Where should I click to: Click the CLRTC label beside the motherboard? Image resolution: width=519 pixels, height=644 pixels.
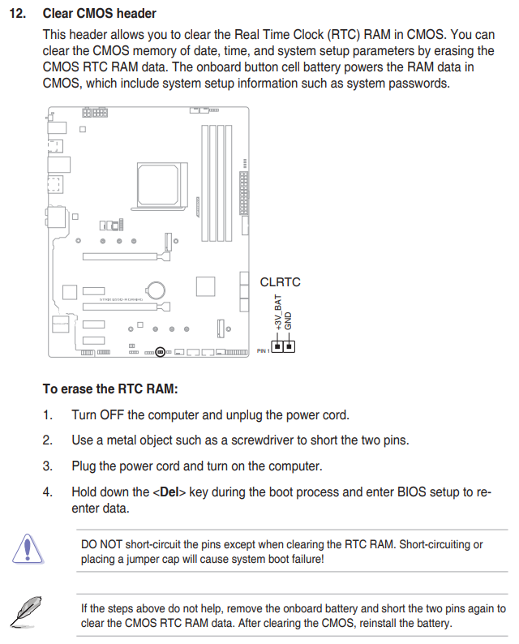coord(280,282)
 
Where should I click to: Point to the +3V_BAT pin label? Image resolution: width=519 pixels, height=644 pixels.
coord(277,312)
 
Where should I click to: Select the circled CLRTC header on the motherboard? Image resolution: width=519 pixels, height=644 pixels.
coord(161,352)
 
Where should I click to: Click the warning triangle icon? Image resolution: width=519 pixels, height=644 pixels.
coord(27,548)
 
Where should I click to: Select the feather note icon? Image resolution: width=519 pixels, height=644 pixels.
coord(27,611)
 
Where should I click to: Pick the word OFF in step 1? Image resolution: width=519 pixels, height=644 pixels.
coord(115,414)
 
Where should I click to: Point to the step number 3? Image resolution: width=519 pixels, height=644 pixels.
coord(48,466)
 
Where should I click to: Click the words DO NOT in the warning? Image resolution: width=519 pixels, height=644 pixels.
coord(101,544)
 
